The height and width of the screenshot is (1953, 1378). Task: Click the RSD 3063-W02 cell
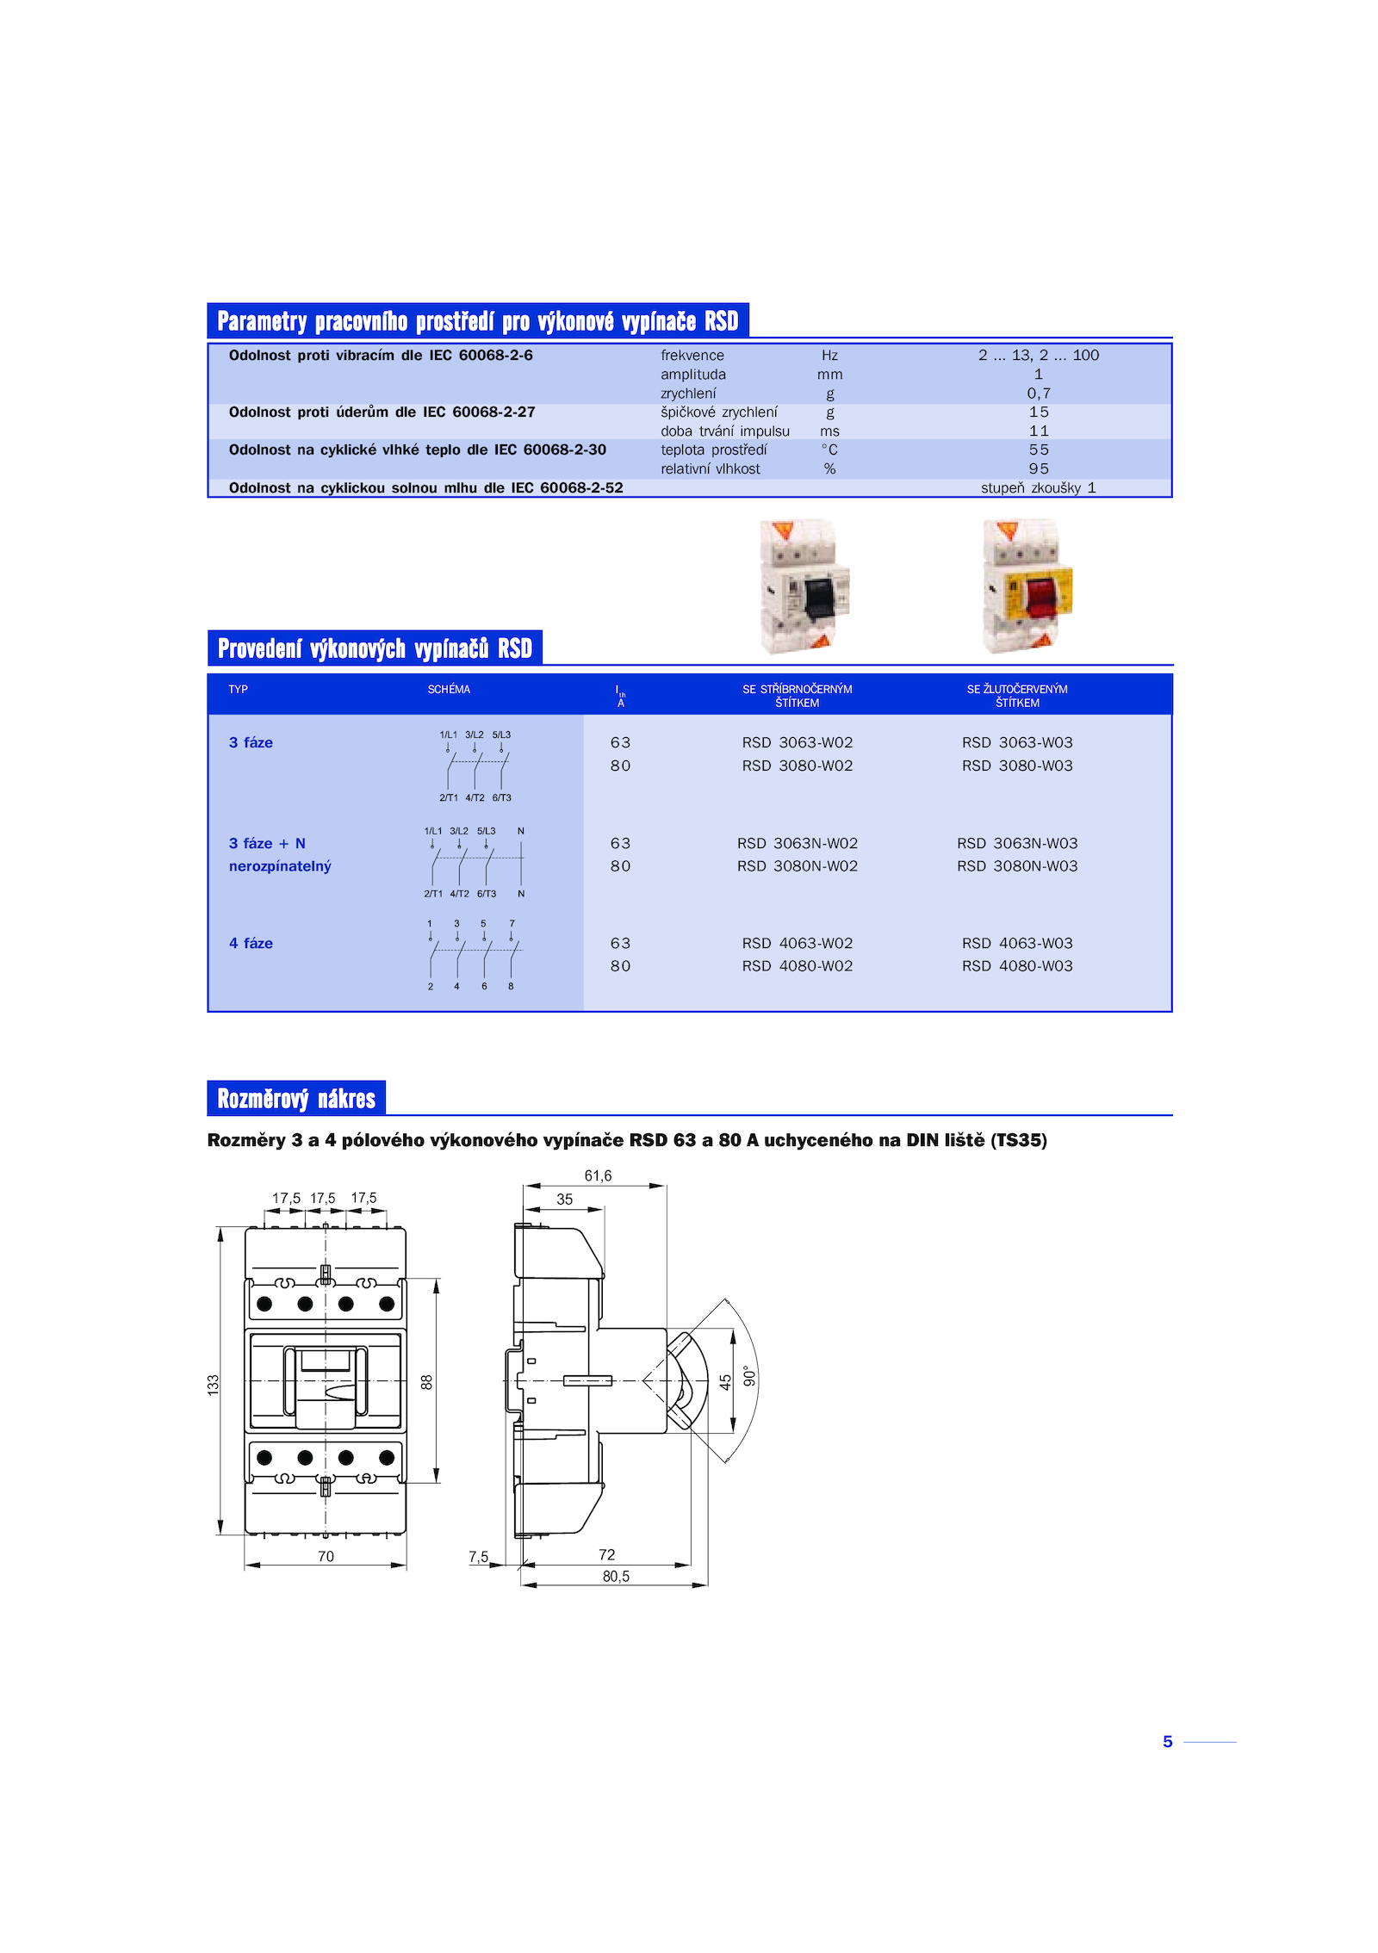pos(797,742)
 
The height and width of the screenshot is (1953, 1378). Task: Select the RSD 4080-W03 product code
pos(1017,966)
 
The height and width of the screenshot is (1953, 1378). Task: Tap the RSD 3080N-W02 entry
pos(797,866)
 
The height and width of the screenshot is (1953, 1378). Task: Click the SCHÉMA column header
pos(449,690)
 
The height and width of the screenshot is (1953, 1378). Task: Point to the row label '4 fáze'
pos(251,944)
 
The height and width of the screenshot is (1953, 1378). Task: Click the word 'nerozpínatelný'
pos(280,866)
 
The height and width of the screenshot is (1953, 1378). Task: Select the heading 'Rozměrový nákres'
pos(296,1099)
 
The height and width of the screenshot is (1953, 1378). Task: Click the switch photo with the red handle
pos(1027,586)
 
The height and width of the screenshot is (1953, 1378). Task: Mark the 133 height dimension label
pos(213,1385)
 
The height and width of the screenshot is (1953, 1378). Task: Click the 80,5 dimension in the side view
pos(616,1576)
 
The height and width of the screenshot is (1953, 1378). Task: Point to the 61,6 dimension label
pos(598,1176)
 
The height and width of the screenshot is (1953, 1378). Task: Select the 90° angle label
pos(750,1377)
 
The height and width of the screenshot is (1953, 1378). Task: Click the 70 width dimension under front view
pos(326,1556)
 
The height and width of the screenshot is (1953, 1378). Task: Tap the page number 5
pos(1167,1742)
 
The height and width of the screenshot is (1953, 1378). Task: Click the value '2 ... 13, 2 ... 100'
pos(1039,355)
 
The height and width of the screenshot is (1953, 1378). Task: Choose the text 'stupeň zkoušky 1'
pos(1039,488)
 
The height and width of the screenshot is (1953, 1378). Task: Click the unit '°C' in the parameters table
pos(829,449)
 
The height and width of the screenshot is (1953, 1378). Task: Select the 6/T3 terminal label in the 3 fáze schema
pos(502,798)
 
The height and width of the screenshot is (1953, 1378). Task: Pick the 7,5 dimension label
pos(478,1557)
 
